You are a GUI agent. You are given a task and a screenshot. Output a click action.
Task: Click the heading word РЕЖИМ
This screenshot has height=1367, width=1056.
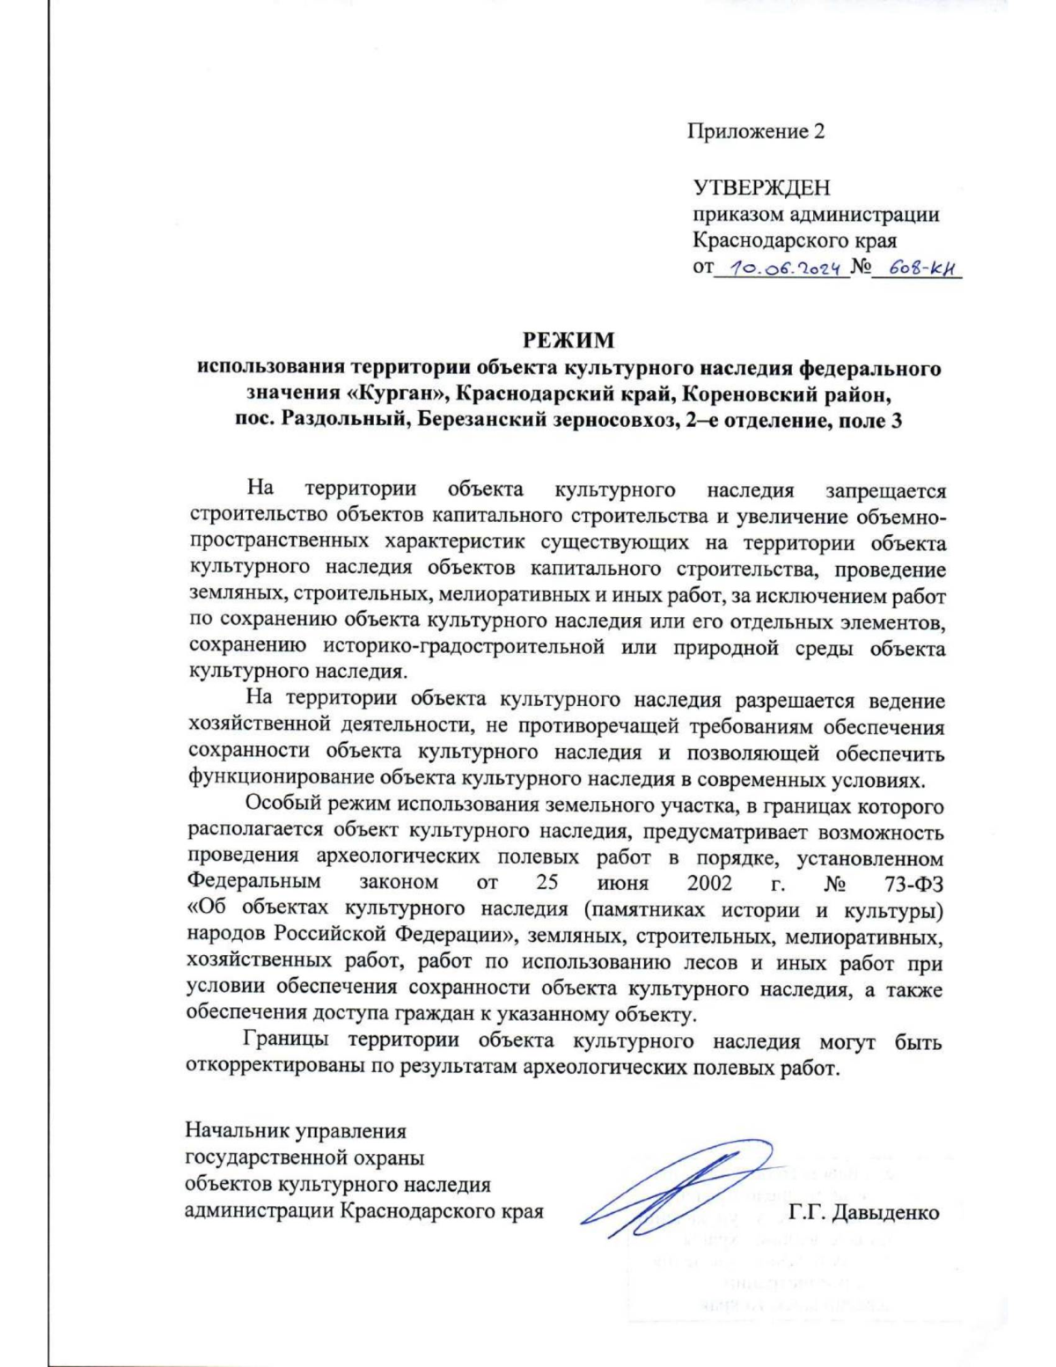tap(568, 341)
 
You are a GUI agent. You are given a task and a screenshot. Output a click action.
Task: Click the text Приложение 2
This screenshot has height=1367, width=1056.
tap(756, 132)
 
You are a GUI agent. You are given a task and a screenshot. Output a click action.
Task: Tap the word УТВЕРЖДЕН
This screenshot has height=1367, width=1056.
tap(761, 187)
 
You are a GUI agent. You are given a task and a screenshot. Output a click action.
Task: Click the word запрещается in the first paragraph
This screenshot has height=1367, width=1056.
tap(884, 490)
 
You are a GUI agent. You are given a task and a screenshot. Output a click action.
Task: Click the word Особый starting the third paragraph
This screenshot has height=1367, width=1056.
tap(282, 805)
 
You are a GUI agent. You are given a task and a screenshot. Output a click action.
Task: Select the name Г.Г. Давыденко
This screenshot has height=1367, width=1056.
tap(864, 1213)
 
